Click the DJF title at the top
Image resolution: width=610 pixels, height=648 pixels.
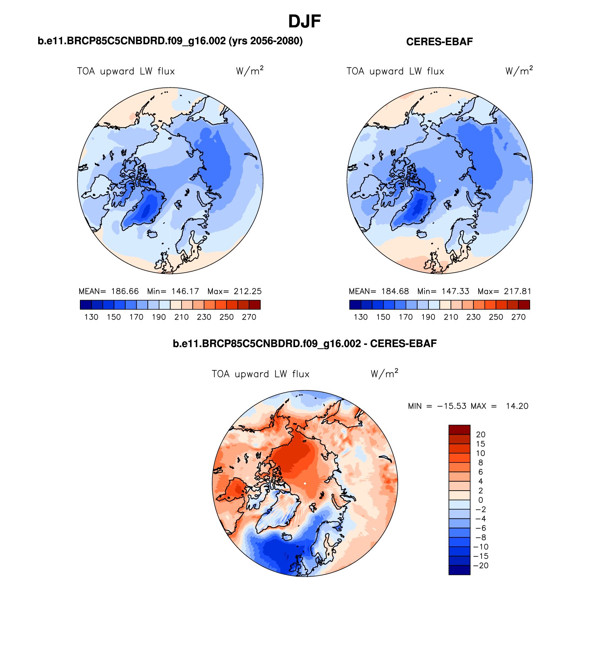[304, 22]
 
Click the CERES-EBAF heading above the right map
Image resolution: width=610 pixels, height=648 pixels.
[439, 42]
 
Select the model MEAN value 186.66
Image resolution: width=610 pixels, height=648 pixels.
[124, 291]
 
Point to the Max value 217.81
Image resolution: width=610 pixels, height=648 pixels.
[518, 291]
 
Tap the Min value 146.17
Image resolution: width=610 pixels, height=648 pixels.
[185, 291]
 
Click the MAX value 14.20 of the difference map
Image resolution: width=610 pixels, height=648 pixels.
[517, 406]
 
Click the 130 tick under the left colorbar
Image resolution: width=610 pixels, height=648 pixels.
[91, 317]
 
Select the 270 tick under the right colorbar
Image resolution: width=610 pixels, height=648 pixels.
[518, 317]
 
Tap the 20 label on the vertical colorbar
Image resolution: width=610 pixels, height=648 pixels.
[481, 434]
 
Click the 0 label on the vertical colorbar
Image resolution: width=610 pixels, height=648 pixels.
[481, 500]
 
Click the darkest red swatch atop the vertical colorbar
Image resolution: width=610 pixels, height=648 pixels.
[459, 429]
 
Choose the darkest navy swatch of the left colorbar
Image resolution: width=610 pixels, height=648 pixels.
[86, 305]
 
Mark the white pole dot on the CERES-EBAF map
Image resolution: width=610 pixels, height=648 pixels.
[439, 181]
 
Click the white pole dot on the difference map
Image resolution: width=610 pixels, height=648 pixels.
[305, 483]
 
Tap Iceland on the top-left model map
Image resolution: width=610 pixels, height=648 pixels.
[152, 234]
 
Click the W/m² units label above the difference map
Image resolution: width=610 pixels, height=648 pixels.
[384, 374]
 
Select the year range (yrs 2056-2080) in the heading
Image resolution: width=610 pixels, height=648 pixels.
[266, 41]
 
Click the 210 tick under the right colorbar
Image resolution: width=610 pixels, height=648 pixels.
[451, 317]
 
